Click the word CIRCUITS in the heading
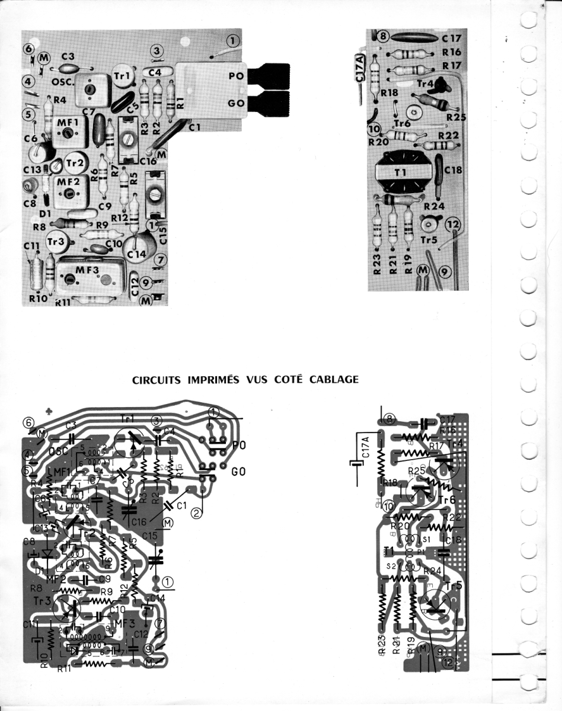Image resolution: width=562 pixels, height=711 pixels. coord(155,379)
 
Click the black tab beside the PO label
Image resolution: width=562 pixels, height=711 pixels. coord(270,76)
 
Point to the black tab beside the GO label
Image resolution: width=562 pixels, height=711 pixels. coord(270,103)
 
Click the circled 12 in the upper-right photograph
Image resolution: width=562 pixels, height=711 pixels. coord(453,224)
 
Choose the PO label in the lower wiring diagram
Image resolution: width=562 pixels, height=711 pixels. coord(239,444)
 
